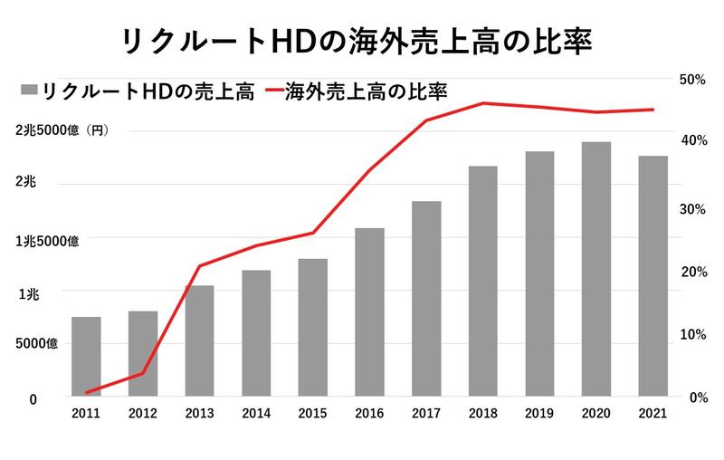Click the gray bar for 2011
point(86,357)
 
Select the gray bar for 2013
point(199,341)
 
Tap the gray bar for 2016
point(369,312)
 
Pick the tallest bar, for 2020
point(595,269)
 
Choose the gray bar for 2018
point(482,282)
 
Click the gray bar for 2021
point(653,276)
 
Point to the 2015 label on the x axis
point(312,413)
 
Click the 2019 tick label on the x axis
point(539,413)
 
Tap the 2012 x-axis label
point(143,413)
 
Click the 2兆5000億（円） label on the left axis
point(62,130)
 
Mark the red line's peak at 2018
point(482,103)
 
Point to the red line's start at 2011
point(86,393)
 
